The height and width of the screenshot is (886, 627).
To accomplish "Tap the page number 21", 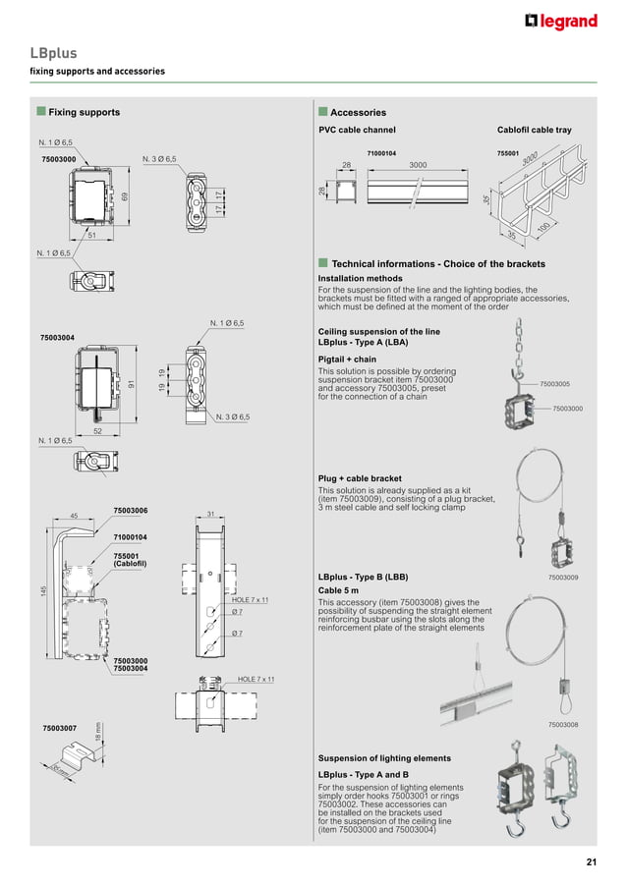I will pos(591,862).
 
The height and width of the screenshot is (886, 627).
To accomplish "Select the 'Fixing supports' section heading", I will pos(84,112).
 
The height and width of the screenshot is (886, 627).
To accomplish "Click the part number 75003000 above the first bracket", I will pos(59,158).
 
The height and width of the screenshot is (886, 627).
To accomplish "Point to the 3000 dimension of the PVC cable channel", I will pos(418,165).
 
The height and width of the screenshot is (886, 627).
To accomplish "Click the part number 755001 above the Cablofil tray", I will pos(508,153).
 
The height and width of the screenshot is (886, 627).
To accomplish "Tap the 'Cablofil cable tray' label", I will pos(534,130).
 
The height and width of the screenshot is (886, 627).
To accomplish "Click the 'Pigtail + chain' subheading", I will pos(347,360).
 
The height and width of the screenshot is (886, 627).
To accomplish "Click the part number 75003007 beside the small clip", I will pos(60,728).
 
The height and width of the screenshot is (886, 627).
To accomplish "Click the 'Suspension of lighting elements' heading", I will pos(384,757).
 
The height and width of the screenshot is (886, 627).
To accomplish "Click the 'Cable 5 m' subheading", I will pos(341,589).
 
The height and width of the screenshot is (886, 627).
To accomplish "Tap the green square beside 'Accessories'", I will pos(322,112).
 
